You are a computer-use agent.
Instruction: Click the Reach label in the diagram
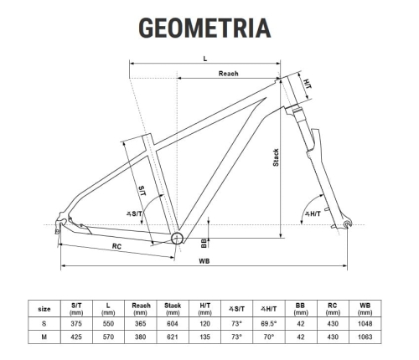(229, 74)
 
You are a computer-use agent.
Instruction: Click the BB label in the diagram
(204, 243)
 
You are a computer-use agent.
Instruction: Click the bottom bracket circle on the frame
(178, 239)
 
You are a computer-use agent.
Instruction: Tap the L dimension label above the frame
(204, 59)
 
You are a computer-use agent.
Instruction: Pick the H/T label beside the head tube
(308, 85)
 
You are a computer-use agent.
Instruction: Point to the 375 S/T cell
(76, 322)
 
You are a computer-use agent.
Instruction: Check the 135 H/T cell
(205, 337)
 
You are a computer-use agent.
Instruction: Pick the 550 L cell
(108, 322)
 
